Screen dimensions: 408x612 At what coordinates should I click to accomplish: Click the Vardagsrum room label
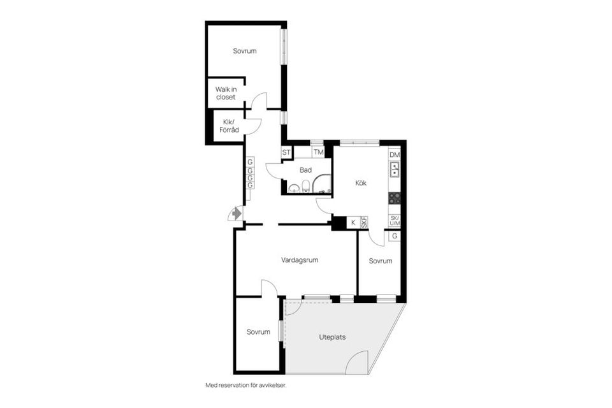point(300,260)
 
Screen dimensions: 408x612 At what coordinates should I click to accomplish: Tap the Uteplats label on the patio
point(332,337)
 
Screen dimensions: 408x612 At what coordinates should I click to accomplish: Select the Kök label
point(362,183)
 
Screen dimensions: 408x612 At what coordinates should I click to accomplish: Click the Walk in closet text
point(225,93)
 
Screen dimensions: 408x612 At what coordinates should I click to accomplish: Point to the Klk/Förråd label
point(228,126)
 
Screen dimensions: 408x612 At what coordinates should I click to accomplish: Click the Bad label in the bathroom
point(305,170)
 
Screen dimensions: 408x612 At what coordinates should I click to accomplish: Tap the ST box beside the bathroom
point(286,152)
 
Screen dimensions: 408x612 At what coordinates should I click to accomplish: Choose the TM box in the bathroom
point(317,152)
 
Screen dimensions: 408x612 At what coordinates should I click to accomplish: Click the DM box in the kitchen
point(394,156)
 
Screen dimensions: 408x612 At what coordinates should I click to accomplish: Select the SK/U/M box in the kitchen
point(394,221)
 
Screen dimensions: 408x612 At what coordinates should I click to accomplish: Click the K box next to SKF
point(353,222)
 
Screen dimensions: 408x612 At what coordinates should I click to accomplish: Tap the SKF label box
point(365,222)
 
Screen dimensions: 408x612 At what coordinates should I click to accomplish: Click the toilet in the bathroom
point(307,187)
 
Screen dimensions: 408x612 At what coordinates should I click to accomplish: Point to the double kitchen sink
point(394,170)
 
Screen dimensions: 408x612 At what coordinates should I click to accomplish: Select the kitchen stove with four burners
point(394,198)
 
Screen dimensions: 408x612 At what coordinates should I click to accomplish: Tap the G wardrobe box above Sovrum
point(395,236)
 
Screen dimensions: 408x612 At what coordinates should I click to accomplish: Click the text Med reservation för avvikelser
point(250,385)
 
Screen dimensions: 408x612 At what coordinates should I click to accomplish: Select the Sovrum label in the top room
point(244,51)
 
